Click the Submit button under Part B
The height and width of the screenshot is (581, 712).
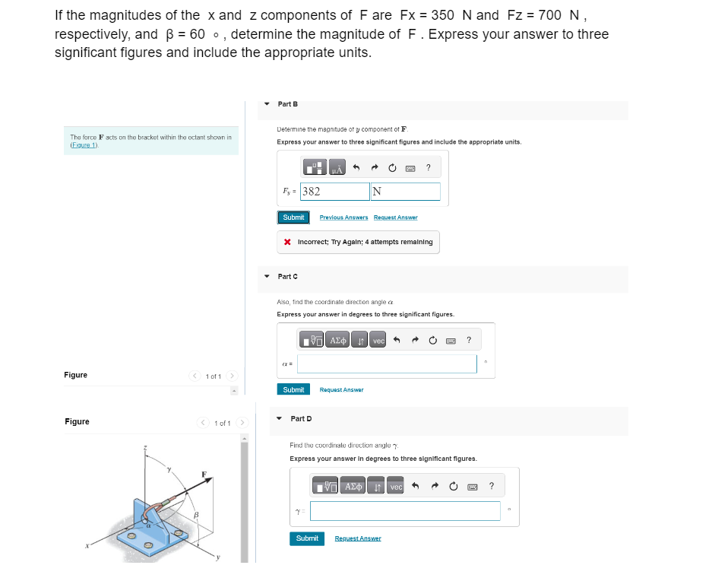293,217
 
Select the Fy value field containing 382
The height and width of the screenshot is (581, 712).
334,192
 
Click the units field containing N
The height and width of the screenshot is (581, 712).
405,192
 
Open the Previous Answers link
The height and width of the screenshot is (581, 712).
343,217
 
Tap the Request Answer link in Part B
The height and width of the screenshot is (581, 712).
395,217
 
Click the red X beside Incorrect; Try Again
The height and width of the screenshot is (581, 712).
286,242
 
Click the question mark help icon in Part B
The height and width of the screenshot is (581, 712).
429,167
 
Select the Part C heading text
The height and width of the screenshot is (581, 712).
288,276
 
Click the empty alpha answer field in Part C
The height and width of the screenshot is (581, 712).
387,364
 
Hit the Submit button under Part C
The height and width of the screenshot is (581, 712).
293,389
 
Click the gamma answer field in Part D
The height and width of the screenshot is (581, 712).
405,511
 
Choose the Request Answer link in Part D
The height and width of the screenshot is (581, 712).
358,538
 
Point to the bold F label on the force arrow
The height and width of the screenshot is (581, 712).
203,475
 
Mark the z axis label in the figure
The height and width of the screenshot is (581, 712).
147,449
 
